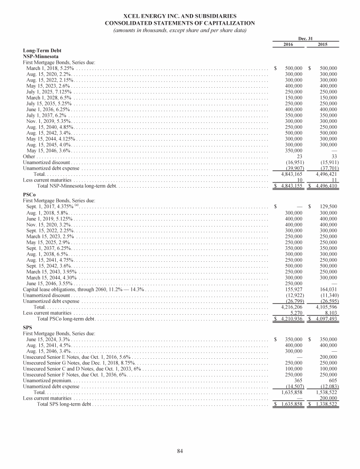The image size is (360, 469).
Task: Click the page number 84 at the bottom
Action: tap(180, 451)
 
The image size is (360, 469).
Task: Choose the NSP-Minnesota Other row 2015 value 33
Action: tap(334, 156)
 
